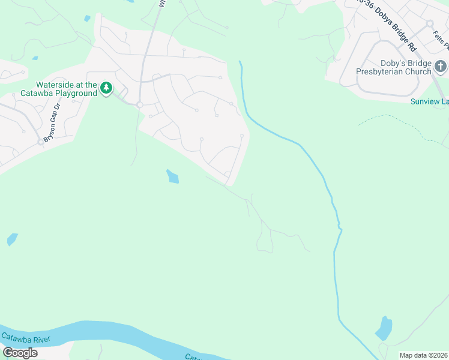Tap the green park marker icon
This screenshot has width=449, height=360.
point(106,88)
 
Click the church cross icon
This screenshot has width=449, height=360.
point(440,66)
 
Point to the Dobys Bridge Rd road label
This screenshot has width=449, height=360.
point(390,25)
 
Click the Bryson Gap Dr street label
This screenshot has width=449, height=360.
point(52,120)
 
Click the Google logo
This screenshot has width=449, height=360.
point(20,353)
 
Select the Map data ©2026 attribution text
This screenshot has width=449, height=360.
point(424,355)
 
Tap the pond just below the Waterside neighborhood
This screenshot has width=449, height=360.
point(172,176)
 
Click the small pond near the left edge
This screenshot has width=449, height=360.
point(12,239)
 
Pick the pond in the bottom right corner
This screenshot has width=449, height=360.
point(383,328)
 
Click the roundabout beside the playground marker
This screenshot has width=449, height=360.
point(139,104)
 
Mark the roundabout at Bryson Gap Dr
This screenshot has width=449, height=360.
point(41,142)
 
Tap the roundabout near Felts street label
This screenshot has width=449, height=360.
point(430,23)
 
